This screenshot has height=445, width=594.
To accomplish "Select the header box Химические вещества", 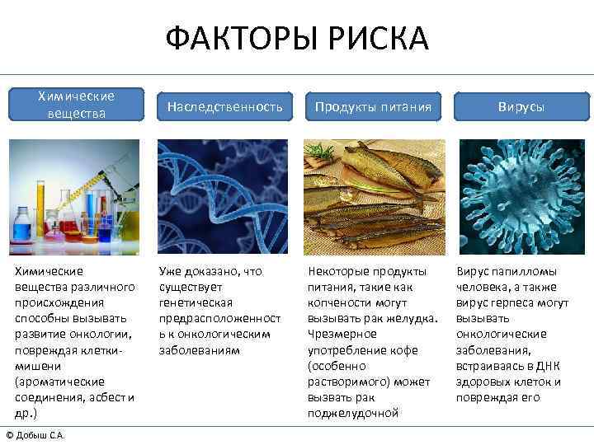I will (76, 105).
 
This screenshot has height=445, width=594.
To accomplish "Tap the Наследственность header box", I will (224, 107).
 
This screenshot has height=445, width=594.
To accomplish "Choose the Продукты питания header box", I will (371, 107).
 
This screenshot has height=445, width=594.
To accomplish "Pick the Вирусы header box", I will (520, 107).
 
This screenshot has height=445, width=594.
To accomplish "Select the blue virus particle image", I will (521, 196).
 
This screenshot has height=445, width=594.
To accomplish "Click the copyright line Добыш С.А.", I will (35, 435).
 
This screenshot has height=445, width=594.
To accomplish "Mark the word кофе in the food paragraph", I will (410, 349).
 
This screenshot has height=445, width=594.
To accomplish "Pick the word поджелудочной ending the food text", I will (353, 413).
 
